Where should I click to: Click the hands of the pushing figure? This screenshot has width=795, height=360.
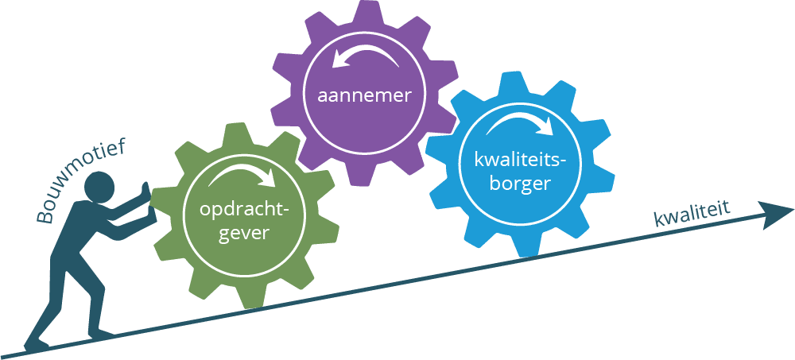(144, 195)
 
